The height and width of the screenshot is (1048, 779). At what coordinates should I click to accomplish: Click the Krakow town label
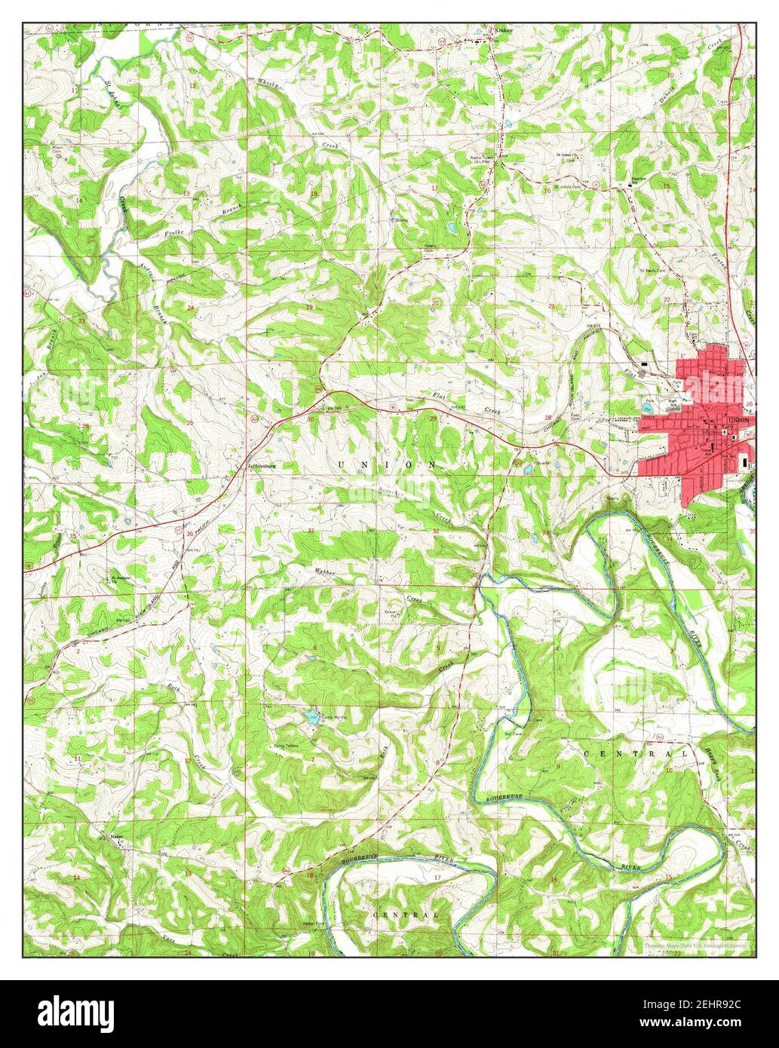pos(503,31)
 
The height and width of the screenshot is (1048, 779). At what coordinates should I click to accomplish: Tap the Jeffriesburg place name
pos(262,466)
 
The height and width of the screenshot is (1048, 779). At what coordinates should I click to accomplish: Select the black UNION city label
pos(739,420)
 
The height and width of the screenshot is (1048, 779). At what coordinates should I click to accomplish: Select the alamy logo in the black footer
pos(75,1010)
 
